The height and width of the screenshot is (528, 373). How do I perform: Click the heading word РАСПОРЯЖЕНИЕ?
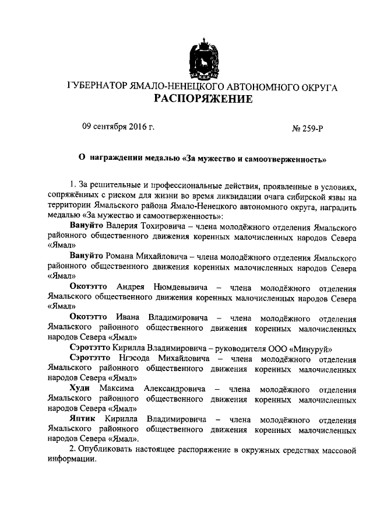[203, 99]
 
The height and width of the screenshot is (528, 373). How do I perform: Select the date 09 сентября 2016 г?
[118, 127]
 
